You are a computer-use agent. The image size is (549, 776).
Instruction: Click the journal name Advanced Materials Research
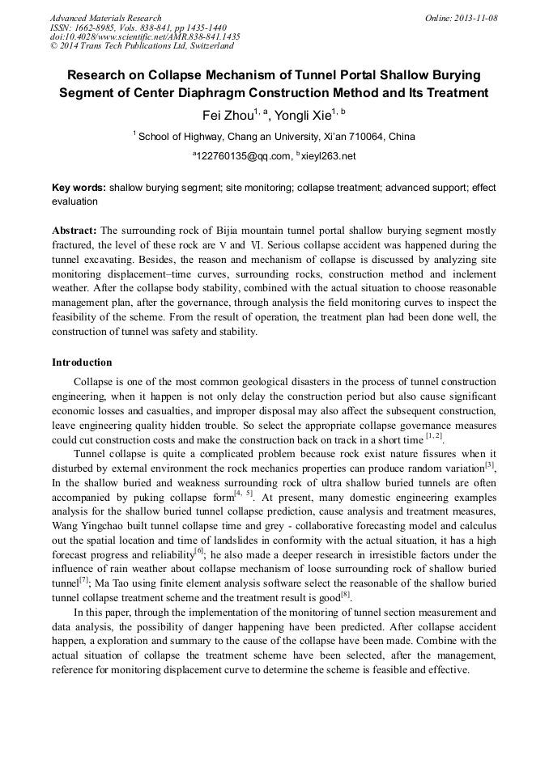105,18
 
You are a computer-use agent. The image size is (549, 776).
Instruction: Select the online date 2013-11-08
475,18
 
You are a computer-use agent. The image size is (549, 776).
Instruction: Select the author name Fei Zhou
228,115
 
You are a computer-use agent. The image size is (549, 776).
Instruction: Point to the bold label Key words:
79,188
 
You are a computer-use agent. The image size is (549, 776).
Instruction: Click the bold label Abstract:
74,230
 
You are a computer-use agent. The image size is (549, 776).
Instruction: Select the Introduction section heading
82,362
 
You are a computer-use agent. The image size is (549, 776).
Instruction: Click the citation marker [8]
346,594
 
